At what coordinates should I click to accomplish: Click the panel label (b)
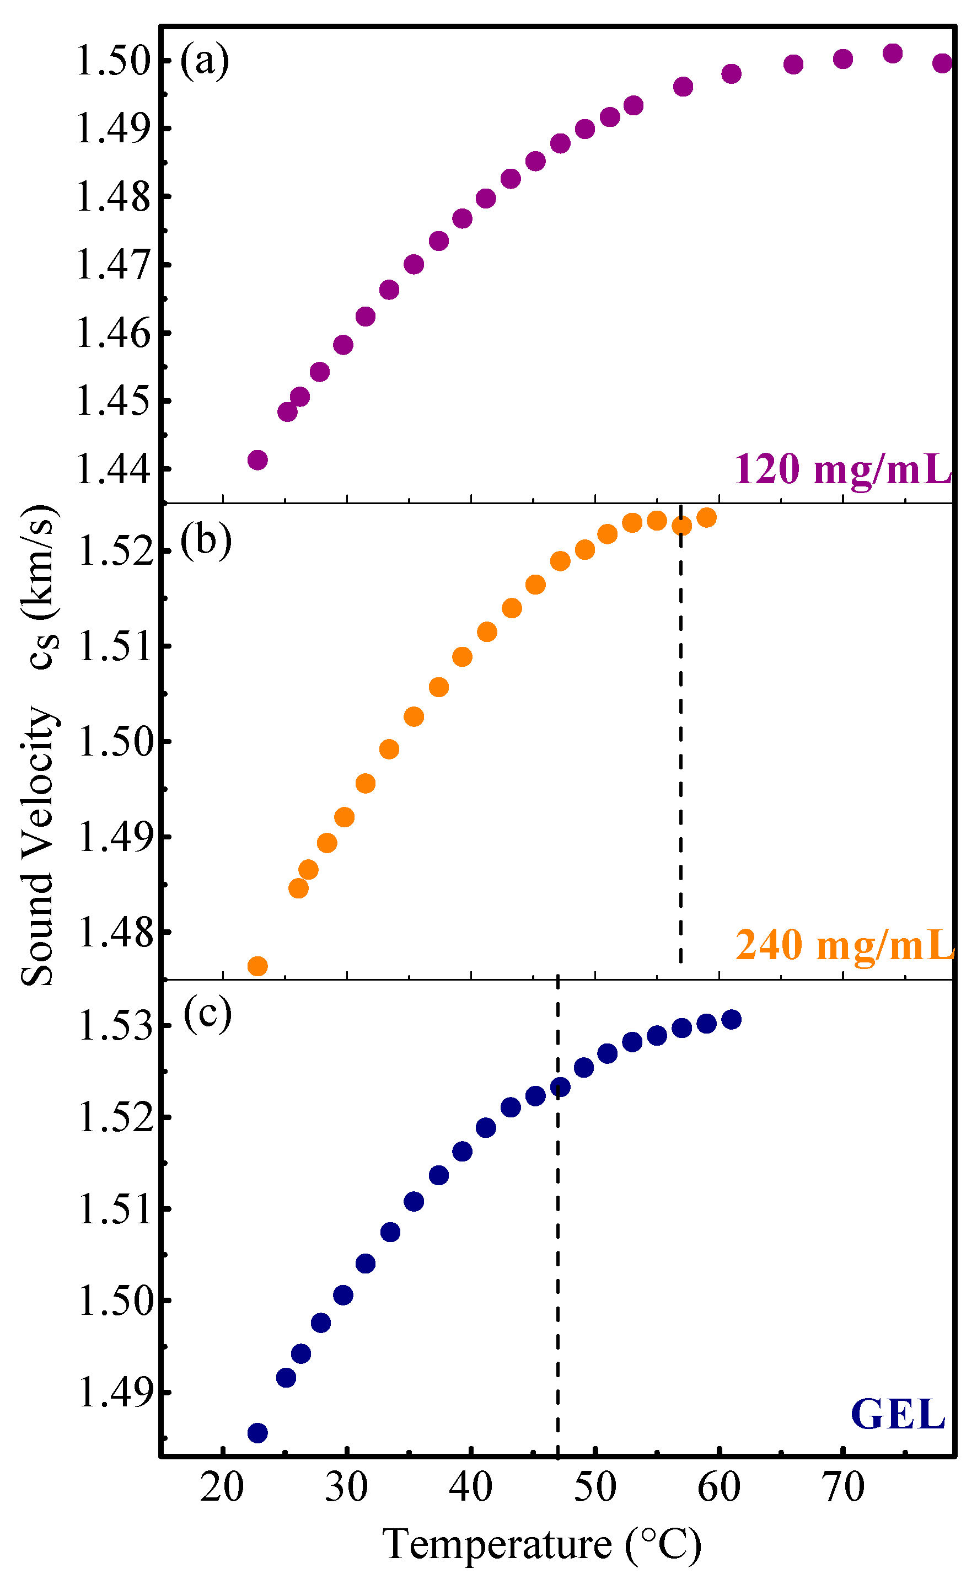coord(206,540)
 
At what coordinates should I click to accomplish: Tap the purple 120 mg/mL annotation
coord(842,469)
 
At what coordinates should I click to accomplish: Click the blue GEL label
coord(898,1414)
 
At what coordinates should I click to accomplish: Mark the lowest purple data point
coord(257,460)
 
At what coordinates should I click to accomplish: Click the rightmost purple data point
coord(942,63)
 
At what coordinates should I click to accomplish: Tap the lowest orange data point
coord(257,966)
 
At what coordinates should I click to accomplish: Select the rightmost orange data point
coord(706,518)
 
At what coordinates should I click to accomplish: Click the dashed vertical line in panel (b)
coord(680,743)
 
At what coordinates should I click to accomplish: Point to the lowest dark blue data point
coord(257,1433)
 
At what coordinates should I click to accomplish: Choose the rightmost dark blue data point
coord(731,1020)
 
